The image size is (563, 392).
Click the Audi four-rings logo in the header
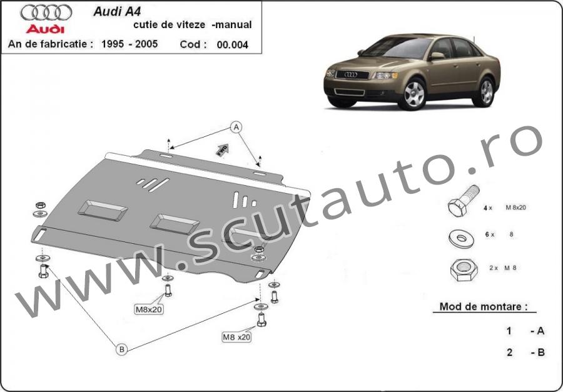coord(46,13)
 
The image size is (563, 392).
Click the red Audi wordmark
coord(45,29)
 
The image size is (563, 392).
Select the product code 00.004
coord(232,45)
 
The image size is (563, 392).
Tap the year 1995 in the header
coord(113,44)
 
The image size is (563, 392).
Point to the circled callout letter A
coord(236,127)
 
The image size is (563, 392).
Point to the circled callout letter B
coord(122,349)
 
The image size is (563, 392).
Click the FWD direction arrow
coord(222,150)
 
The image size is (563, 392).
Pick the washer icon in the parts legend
coord(461,239)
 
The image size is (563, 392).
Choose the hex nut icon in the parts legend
coord(464,270)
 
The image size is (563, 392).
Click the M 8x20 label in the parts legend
coord(515,208)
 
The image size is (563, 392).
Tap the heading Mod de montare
coord(484,306)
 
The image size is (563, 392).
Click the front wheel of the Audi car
coord(413,94)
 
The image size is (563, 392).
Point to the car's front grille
coord(352,74)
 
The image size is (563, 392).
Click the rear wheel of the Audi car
coord(486,92)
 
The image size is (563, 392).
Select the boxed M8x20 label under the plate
coord(149,309)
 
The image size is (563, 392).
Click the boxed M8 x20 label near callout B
coord(236,337)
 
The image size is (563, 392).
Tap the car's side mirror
coord(437,56)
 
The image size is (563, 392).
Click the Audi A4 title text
coord(117,11)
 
